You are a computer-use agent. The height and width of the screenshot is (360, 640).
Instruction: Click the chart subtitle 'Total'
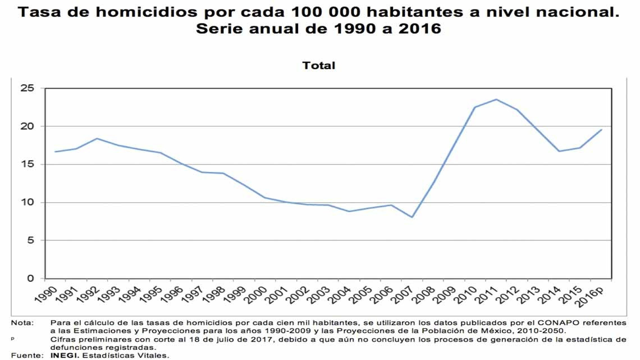click(318, 65)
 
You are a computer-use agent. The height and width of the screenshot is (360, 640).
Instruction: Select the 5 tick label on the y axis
click(31, 240)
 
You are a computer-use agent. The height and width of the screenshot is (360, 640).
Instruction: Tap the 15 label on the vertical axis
click(28, 165)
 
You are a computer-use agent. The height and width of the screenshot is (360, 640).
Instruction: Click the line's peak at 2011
click(496, 99)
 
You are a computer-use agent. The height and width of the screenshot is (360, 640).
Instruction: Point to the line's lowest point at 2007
click(413, 217)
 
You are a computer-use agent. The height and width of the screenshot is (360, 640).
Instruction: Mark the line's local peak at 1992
click(97, 138)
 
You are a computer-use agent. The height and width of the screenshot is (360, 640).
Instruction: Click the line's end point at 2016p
click(601, 130)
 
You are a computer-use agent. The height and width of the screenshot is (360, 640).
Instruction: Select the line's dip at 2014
click(559, 151)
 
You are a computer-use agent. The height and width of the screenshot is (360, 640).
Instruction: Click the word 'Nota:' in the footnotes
click(22, 323)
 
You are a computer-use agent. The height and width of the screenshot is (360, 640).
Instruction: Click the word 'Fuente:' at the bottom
click(26, 355)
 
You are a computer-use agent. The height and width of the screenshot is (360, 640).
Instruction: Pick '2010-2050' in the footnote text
click(545, 331)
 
